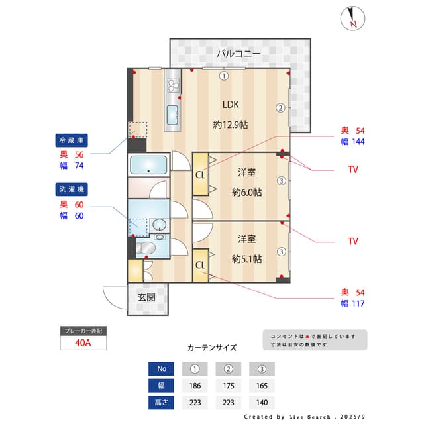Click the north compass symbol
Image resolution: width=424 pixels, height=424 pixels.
pyautogui.click(x=352, y=19)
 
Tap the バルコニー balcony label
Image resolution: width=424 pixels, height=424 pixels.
pyautogui.click(x=238, y=53)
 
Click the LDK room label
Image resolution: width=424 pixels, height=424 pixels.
pyautogui.click(x=231, y=105)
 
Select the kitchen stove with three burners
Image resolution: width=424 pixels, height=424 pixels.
pyautogui.click(x=174, y=85)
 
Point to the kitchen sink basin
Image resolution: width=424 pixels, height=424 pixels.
pyautogui.click(x=172, y=115)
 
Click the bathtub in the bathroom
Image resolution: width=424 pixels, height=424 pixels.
pyautogui.click(x=148, y=165)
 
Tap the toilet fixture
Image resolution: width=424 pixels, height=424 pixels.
pyautogui.click(x=146, y=248)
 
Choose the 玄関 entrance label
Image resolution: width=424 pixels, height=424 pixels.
pyautogui.click(x=146, y=297)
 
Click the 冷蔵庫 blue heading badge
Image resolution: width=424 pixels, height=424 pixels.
pyautogui.click(x=72, y=140)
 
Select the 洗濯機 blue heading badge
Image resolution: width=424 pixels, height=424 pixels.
pyautogui.click(x=72, y=189)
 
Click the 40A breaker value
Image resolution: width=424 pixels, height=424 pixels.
pyautogui.click(x=83, y=343)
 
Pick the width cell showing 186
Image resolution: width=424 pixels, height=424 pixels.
pyautogui.click(x=195, y=386)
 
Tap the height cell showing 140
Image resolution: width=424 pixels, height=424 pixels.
pyautogui.click(x=262, y=403)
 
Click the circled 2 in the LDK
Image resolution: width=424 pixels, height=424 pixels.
pyautogui.click(x=280, y=108)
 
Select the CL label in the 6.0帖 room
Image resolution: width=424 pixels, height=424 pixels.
pyautogui.click(x=200, y=175)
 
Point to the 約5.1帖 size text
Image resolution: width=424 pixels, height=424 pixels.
pyautogui.click(x=246, y=259)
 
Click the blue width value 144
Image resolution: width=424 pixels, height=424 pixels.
pyautogui.click(x=358, y=142)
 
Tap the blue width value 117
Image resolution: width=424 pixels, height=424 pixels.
pyautogui.click(x=358, y=303)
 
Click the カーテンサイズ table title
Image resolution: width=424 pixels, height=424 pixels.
pyautogui.click(x=212, y=347)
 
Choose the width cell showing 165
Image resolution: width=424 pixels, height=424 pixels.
pyautogui.click(x=262, y=386)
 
